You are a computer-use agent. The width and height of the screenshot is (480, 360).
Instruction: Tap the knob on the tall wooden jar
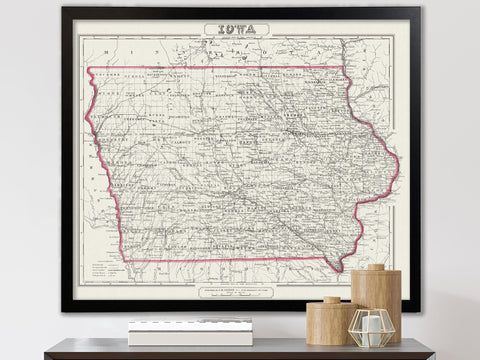[x=375, y=268]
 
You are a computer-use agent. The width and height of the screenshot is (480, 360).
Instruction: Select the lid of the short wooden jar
[x=331, y=300]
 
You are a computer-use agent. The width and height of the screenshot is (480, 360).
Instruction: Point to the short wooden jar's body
[x=329, y=325]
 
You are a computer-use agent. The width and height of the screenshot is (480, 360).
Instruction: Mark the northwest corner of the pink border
[x=89, y=69]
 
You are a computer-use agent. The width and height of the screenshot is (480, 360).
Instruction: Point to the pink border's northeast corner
[x=342, y=67]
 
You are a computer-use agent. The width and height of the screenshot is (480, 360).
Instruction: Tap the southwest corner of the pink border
[x=126, y=259]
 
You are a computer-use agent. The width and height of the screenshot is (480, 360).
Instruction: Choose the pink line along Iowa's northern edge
[x=215, y=68]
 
